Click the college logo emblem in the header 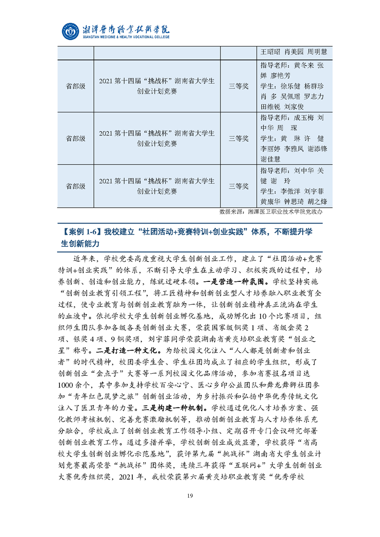pos(71,31)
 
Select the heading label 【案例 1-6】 pos(78,232)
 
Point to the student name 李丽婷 pos(271,149)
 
